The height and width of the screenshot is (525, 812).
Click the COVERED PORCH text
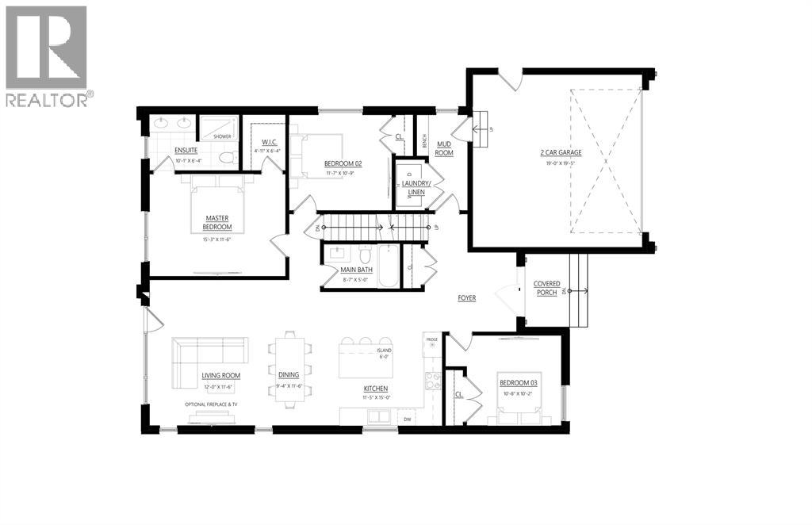tap(547, 287)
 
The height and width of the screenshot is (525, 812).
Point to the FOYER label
tap(466, 298)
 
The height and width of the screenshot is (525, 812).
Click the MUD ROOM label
tap(443, 148)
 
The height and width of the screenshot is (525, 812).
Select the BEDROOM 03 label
tap(519, 383)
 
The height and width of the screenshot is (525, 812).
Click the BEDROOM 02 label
tap(343, 163)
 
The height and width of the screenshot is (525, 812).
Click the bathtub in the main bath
tap(389, 267)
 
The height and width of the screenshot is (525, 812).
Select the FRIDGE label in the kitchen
tap(431, 339)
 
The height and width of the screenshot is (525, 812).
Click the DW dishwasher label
tap(407, 419)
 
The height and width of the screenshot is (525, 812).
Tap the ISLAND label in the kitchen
tap(384, 349)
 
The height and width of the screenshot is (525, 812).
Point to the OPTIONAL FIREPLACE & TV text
tap(212, 404)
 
